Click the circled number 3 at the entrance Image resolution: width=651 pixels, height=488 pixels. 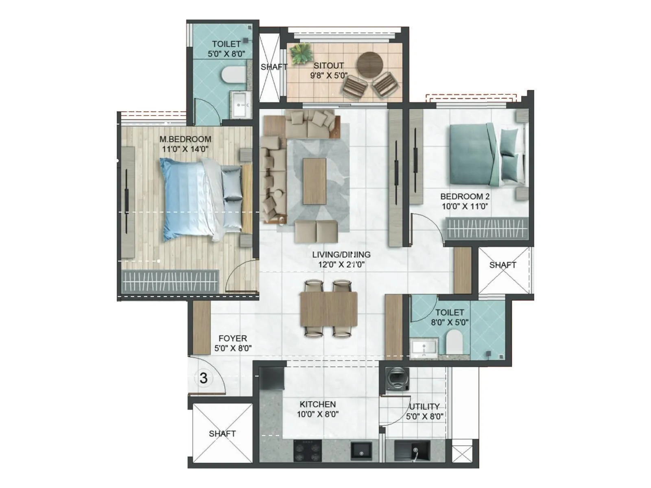[203, 378]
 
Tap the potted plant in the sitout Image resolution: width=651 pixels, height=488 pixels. [301, 54]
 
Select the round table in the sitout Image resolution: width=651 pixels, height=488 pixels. [370, 64]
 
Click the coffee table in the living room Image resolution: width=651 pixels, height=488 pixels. [314, 181]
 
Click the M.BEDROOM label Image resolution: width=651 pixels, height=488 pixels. [185, 139]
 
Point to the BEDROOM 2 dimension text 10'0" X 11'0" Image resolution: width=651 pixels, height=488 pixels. [465, 206]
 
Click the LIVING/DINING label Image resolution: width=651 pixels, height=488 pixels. [341, 255]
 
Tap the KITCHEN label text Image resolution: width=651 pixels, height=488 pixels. [317, 404]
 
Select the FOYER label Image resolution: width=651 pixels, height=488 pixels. [233, 338]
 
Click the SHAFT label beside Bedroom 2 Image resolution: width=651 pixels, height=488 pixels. [502, 265]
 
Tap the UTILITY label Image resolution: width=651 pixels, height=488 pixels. [424, 406]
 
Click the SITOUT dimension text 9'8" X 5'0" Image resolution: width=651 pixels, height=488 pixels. [329, 75]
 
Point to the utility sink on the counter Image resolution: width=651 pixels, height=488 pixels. [415, 451]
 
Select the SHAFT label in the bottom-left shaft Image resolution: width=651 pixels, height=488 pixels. [222, 434]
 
